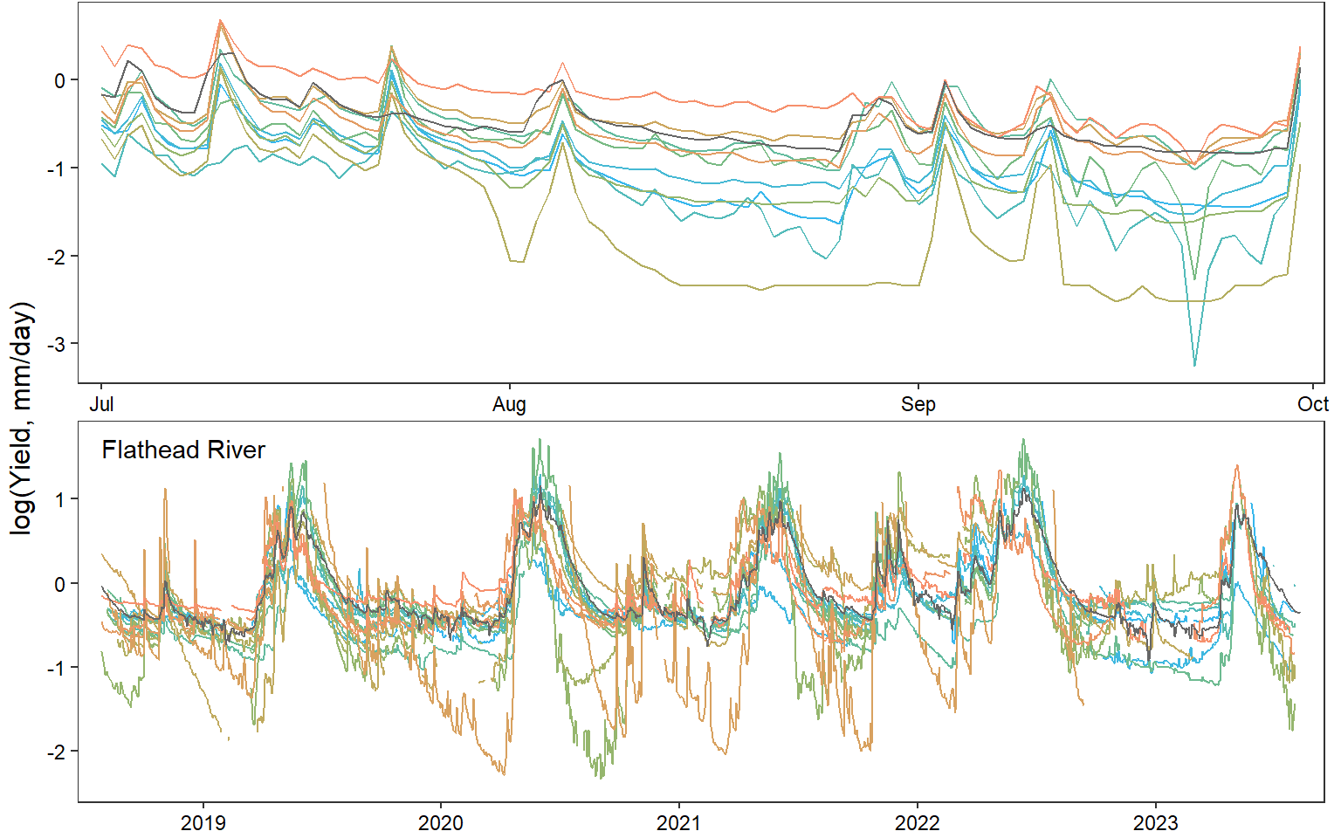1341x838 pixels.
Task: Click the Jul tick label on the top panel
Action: [x=101, y=404]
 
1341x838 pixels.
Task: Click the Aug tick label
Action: [x=509, y=404]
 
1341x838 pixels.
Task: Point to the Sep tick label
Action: [x=918, y=404]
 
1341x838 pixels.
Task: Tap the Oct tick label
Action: [x=1312, y=404]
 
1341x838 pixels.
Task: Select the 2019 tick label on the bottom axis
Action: [x=203, y=822]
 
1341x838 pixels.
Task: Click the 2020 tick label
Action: [x=441, y=822]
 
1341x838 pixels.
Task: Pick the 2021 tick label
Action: [x=679, y=822]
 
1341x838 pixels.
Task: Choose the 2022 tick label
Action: [x=918, y=822]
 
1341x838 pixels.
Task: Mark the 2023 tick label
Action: [x=1156, y=822]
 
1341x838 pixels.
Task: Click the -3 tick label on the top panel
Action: [x=56, y=344]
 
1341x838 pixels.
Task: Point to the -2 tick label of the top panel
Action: [x=56, y=256]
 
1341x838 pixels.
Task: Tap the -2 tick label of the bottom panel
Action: [x=56, y=752]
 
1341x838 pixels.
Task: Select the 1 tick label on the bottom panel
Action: [x=60, y=499]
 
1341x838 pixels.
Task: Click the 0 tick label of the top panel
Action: [x=60, y=80]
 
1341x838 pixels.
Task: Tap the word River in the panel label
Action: [x=238, y=450]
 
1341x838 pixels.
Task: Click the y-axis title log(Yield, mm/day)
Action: [x=22, y=419]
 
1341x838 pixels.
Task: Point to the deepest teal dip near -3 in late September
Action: [x=1194, y=365]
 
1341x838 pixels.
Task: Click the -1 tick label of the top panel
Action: [x=56, y=168]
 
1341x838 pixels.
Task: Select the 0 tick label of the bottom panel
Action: [x=60, y=584]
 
